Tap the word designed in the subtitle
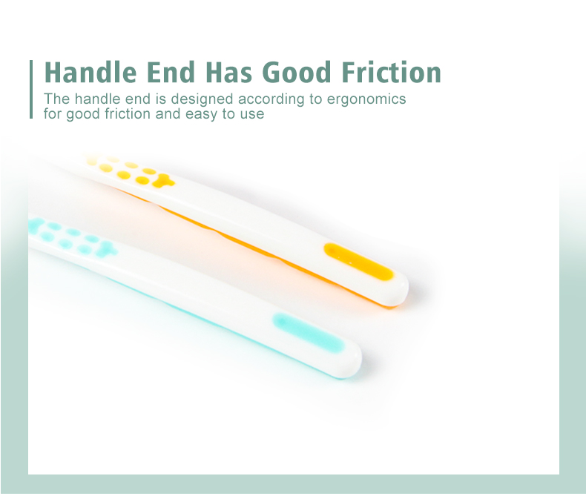pyautogui.click(x=197, y=99)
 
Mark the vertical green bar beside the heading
pyautogui.click(x=32, y=89)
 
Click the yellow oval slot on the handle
pyautogui.click(x=358, y=262)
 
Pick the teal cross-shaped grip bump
pyautogui.click(x=106, y=249)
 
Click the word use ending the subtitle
pyautogui.click(x=252, y=115)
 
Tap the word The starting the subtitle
pyautogui.click(x=54, y=99)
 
